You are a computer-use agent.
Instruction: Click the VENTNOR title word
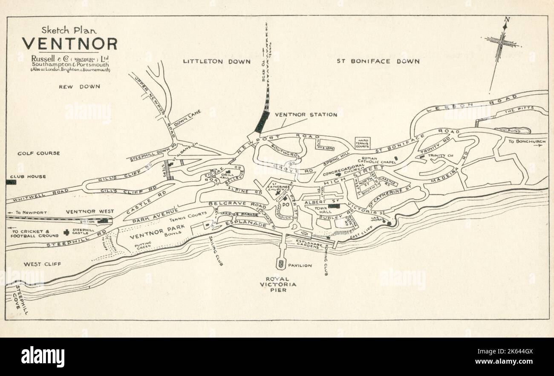coord(69,44)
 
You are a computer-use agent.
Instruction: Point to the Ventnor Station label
coord(306,115)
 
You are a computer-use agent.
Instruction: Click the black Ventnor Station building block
coord(262,122)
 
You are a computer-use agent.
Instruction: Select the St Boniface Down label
coord(378,61)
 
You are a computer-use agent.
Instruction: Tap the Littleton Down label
coord(216,61)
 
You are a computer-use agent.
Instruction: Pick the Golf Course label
coord(38,153)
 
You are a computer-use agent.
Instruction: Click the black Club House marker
coord(11,182)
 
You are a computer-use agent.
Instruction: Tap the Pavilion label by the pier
coord(300,266)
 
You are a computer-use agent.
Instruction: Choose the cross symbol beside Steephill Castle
coord(66,232)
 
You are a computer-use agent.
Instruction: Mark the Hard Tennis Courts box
coord(363,143)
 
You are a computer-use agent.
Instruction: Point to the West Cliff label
coord(42,264)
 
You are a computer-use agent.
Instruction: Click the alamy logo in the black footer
coord(43,356)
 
